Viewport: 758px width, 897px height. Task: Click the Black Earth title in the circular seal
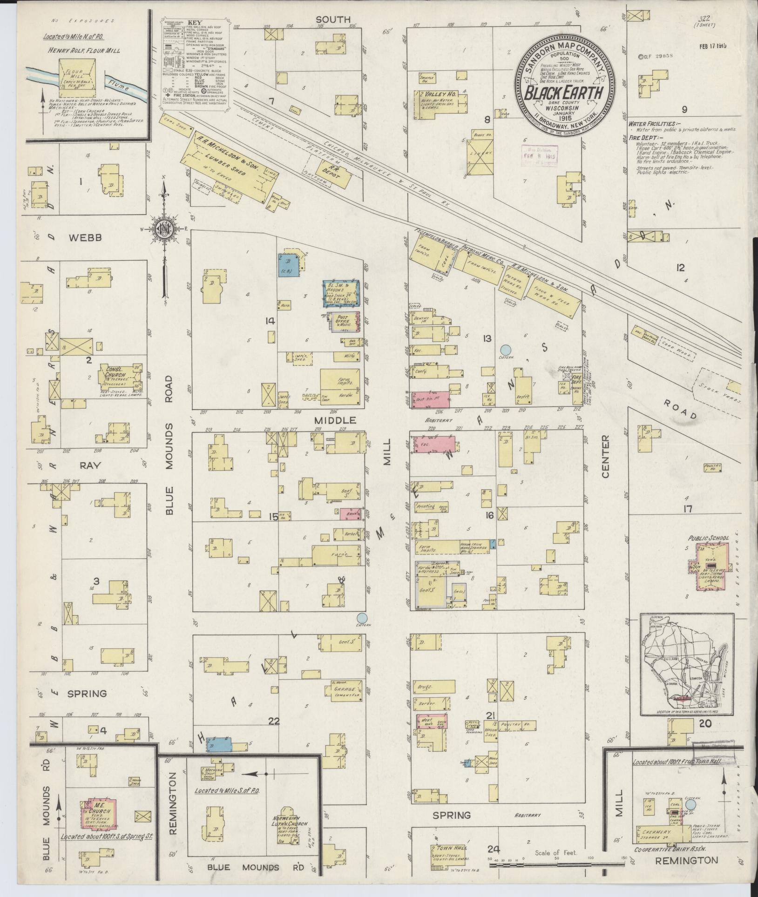[565, 93]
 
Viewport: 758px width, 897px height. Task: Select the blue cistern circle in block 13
[505, 349]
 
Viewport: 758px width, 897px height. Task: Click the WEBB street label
[85, 238]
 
